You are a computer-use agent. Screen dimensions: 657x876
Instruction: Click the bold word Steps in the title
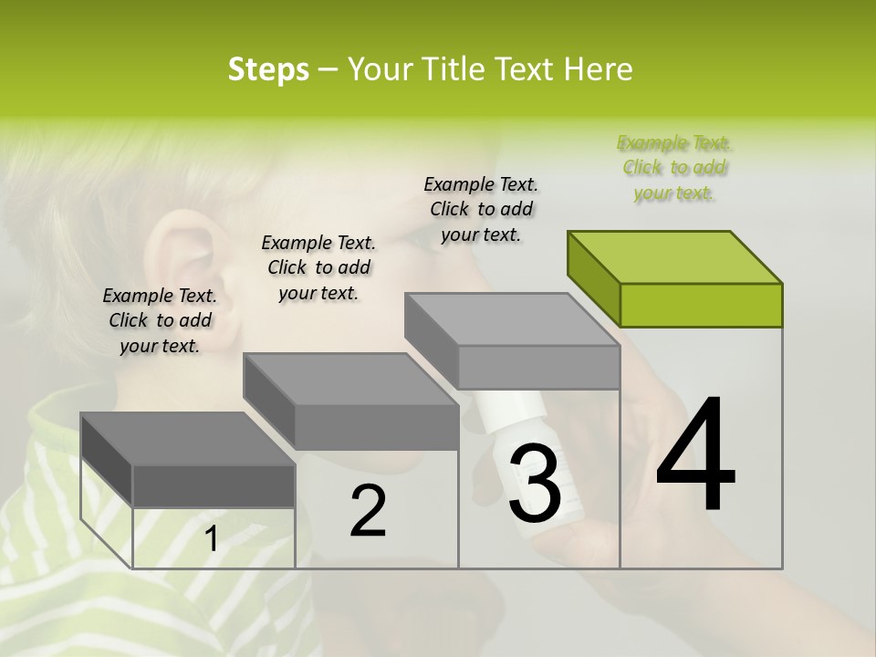pos(267,69)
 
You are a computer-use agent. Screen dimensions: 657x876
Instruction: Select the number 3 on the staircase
pos(534,484)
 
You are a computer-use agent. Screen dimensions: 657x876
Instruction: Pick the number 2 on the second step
pos(368,511)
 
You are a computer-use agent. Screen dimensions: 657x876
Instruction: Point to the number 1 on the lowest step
pos(212,539)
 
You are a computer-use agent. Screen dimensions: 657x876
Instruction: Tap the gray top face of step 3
pos(511,319)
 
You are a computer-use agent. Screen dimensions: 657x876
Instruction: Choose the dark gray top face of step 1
pos(187,439)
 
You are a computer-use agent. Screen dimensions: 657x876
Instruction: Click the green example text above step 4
pos(674,168)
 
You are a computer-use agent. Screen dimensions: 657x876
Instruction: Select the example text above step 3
pos(481,209)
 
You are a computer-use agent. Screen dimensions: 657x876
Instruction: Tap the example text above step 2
pos(318,267)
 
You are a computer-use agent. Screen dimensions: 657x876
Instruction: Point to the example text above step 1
pos(160,320)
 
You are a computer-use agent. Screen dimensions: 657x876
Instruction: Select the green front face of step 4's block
pos(701,305)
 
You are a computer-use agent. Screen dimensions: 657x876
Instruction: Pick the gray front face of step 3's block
pos(538,367)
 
